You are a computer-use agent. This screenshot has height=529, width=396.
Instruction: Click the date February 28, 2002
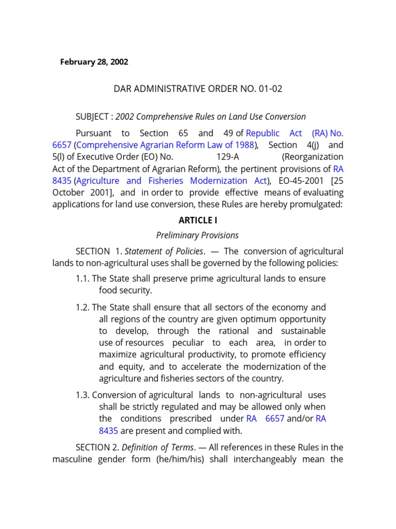(x=94, y=62)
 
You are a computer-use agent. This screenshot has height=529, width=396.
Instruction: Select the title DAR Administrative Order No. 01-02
(x=198, y=89)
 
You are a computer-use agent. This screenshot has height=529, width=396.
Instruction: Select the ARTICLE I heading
(x=198, y=220)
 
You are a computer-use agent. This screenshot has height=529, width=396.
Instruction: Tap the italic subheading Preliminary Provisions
(x=197, y=236)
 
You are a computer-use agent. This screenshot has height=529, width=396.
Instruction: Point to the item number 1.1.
(x=82, y=279)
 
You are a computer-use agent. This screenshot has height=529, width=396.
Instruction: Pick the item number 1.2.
(x=82, y=307)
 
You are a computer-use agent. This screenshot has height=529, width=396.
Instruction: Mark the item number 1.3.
(x=82, y=395)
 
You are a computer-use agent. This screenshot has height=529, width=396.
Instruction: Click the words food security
(x=125, y=290)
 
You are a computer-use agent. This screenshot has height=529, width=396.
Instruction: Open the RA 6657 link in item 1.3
(x=266, y=419)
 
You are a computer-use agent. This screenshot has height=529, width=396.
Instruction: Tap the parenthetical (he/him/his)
(x=184, y=459)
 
